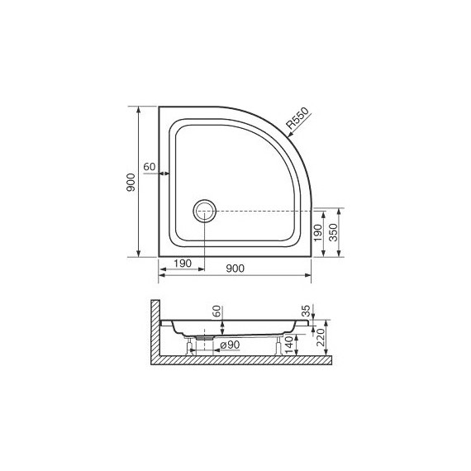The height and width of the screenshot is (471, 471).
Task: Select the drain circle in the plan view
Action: coord(204,211)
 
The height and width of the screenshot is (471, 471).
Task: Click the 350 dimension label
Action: coord(332,232)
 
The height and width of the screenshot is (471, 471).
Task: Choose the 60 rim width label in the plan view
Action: coord(150,166)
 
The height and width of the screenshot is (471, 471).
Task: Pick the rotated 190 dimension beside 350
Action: coord(317,234)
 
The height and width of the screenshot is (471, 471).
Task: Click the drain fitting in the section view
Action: coord(200,338)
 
